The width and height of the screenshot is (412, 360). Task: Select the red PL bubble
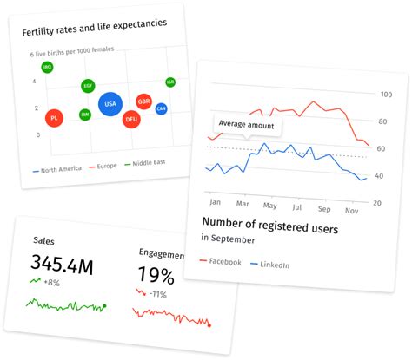pyautogui.click(x=54, y=117)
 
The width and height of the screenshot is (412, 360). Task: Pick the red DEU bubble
pyautogui.click(x=131, y=119)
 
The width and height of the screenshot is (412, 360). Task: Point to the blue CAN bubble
pyautogui.click(x=161, y=108)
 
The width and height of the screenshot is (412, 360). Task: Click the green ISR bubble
pyautogui.click(x=170, y=82)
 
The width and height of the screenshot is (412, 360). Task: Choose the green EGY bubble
pyautogui.click(x=88, y=86)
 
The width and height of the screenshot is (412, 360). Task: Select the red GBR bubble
pyautogui.click(x=144, y=101)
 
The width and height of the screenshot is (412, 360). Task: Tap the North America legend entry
pyautogui.click(x=56, y=167)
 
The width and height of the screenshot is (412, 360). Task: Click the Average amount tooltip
pyautogui.click(x=246, y=125)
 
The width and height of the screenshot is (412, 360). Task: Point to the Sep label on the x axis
pyautogui.click(x=324, y=209)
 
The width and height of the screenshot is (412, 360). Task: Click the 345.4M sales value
pyautogui.click(x=62, y=265)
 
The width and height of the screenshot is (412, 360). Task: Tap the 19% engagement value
pyautogui.click(x=157, y=276)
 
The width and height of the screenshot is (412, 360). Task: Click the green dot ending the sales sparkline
pyautogui.click(x=104, y=305)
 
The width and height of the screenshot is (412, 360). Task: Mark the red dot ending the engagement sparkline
pyautogui.click(x=209, y=325)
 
